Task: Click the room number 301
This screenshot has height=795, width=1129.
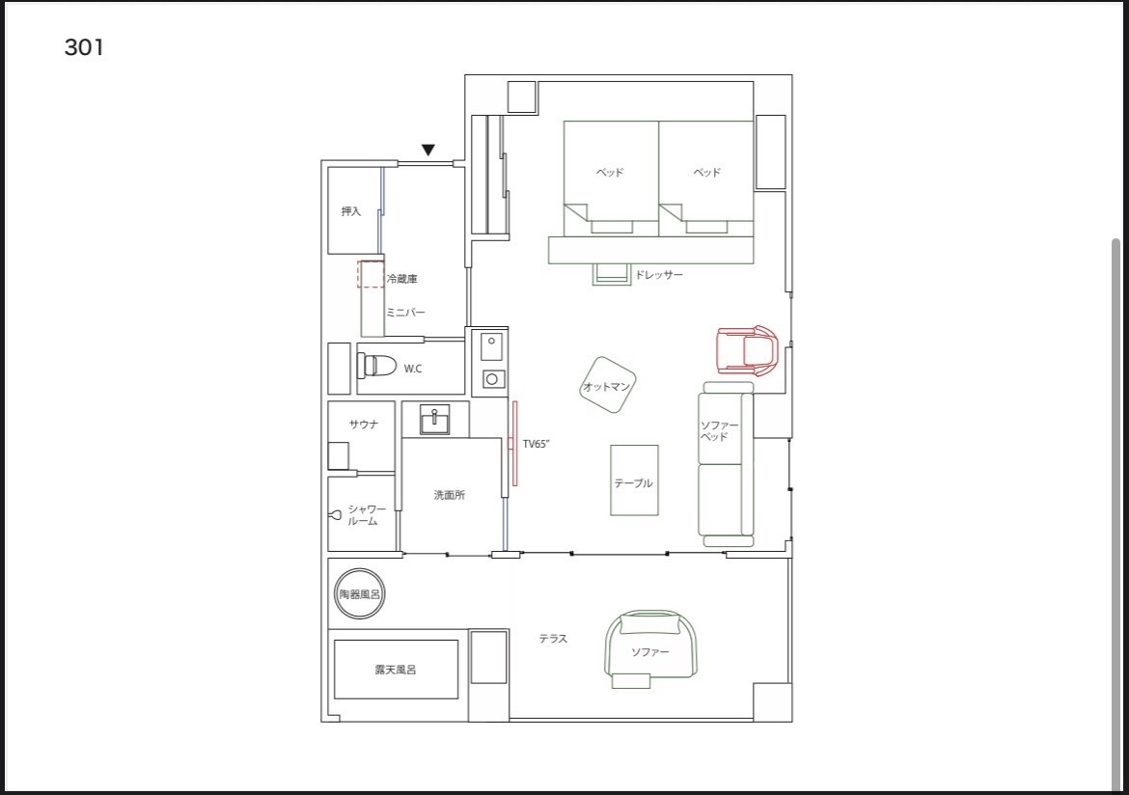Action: tap(84, 47)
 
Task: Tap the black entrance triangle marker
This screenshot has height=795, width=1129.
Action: tap(428, 150)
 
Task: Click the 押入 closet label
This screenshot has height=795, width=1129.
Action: tap(350, 211)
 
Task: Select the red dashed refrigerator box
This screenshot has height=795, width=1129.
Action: tap(371, 274)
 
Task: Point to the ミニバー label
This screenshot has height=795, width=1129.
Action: tap(405, 313)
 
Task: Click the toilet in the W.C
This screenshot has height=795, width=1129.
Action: tap(377, 366)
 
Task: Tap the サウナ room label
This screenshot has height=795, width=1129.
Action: tap(364, 425)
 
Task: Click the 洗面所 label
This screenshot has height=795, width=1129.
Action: tap(450, 495)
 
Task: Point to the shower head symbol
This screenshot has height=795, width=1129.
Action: tap(336, 514)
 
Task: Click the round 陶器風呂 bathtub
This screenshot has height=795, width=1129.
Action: tap(359, 594)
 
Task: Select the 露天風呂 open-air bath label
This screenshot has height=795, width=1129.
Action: tap(396, 670)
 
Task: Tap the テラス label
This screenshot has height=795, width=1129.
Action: tap(553, 639)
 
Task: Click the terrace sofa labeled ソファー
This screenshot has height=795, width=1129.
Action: tap(651, 647)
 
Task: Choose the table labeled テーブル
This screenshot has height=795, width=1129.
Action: tap(634, 480)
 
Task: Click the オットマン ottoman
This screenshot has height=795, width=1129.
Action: tap(608, 385)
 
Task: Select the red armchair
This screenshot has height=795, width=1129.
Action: tap(748, 350)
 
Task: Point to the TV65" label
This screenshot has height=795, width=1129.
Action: tap(537, 445)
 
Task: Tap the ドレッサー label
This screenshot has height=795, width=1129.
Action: tap(658, 275)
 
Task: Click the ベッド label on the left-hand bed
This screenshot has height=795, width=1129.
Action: tap(610, 172)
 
